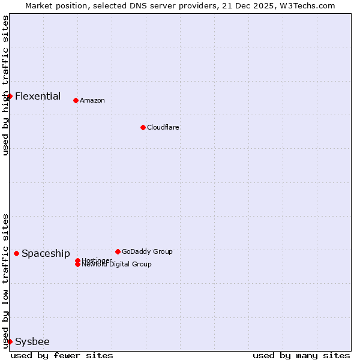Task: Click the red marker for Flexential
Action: [10, 96]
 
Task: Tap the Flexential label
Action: [38, 96]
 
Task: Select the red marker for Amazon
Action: [76, 100]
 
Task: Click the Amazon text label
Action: [92, 100]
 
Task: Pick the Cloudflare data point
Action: [143, 127]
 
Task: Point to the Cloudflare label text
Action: [163, 127]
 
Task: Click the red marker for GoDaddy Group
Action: [118, 251]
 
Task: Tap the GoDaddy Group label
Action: [147, 251]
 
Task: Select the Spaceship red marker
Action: [16, 253]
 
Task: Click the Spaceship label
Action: [46, 253]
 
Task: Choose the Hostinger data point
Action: [77, 260]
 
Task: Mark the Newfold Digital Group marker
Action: [77, 265]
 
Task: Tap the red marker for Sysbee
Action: [10, 341]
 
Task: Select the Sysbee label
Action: [32, 341]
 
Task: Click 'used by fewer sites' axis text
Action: [62, 355]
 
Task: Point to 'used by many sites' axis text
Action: [301, 355]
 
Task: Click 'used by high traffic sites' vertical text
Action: [5, 85]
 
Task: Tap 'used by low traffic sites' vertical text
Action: [5, 281]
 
